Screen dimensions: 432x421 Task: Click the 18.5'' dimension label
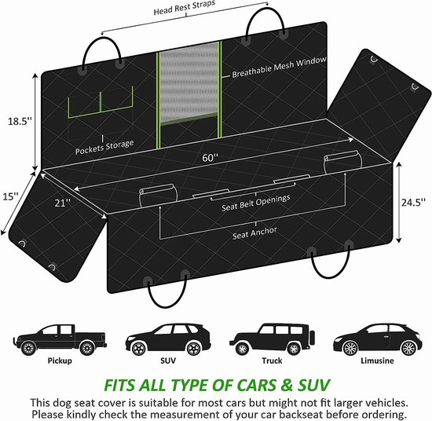20,121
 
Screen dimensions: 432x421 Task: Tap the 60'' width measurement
210,158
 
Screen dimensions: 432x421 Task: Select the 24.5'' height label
413,203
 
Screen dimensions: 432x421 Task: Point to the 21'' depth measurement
63,203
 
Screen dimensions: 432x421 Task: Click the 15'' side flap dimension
10,196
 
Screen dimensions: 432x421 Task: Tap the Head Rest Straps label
185,8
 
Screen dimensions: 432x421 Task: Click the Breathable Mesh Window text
279,68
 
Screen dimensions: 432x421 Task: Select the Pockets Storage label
104,147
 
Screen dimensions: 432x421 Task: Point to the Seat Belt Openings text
256,203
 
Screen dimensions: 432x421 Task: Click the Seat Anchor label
254,233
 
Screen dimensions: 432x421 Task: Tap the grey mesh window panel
189,82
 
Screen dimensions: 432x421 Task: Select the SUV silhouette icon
168,339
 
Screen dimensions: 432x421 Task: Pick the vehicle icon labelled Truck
273,339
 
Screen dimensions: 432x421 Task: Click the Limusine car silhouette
378,340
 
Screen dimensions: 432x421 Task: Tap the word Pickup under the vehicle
60,361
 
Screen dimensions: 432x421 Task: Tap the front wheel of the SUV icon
138,348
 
